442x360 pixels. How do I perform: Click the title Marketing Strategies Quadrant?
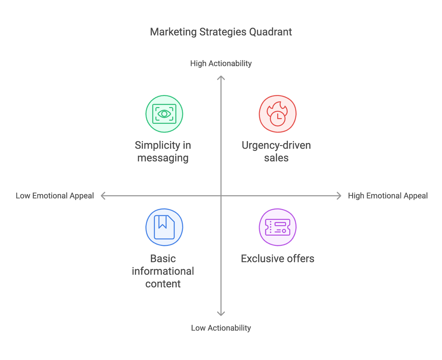[221, 32]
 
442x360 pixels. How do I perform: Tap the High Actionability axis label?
[221, 63]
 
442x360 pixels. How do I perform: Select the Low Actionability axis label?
[221, 328]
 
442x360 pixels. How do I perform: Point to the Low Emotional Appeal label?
[55, 196]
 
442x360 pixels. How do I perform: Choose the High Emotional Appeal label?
[387, 196]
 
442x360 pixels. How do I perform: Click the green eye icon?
[164, 114]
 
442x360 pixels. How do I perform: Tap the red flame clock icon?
[277, 114]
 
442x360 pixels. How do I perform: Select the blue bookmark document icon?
[164, 227]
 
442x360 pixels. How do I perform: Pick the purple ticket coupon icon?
[277, 227]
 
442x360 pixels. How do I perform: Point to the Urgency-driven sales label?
[276, 151]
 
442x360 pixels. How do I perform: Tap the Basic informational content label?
[163, 271]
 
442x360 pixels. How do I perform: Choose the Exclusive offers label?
[277, 259]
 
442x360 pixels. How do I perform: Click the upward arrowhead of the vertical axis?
[221, 78]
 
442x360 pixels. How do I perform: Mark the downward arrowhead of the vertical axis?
[221, 314]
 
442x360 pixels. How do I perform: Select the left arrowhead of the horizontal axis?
[103, 196]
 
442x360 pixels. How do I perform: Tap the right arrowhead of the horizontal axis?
[339, 196]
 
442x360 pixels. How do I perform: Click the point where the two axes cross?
[221, 196]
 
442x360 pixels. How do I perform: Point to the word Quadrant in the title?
[270, 32]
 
